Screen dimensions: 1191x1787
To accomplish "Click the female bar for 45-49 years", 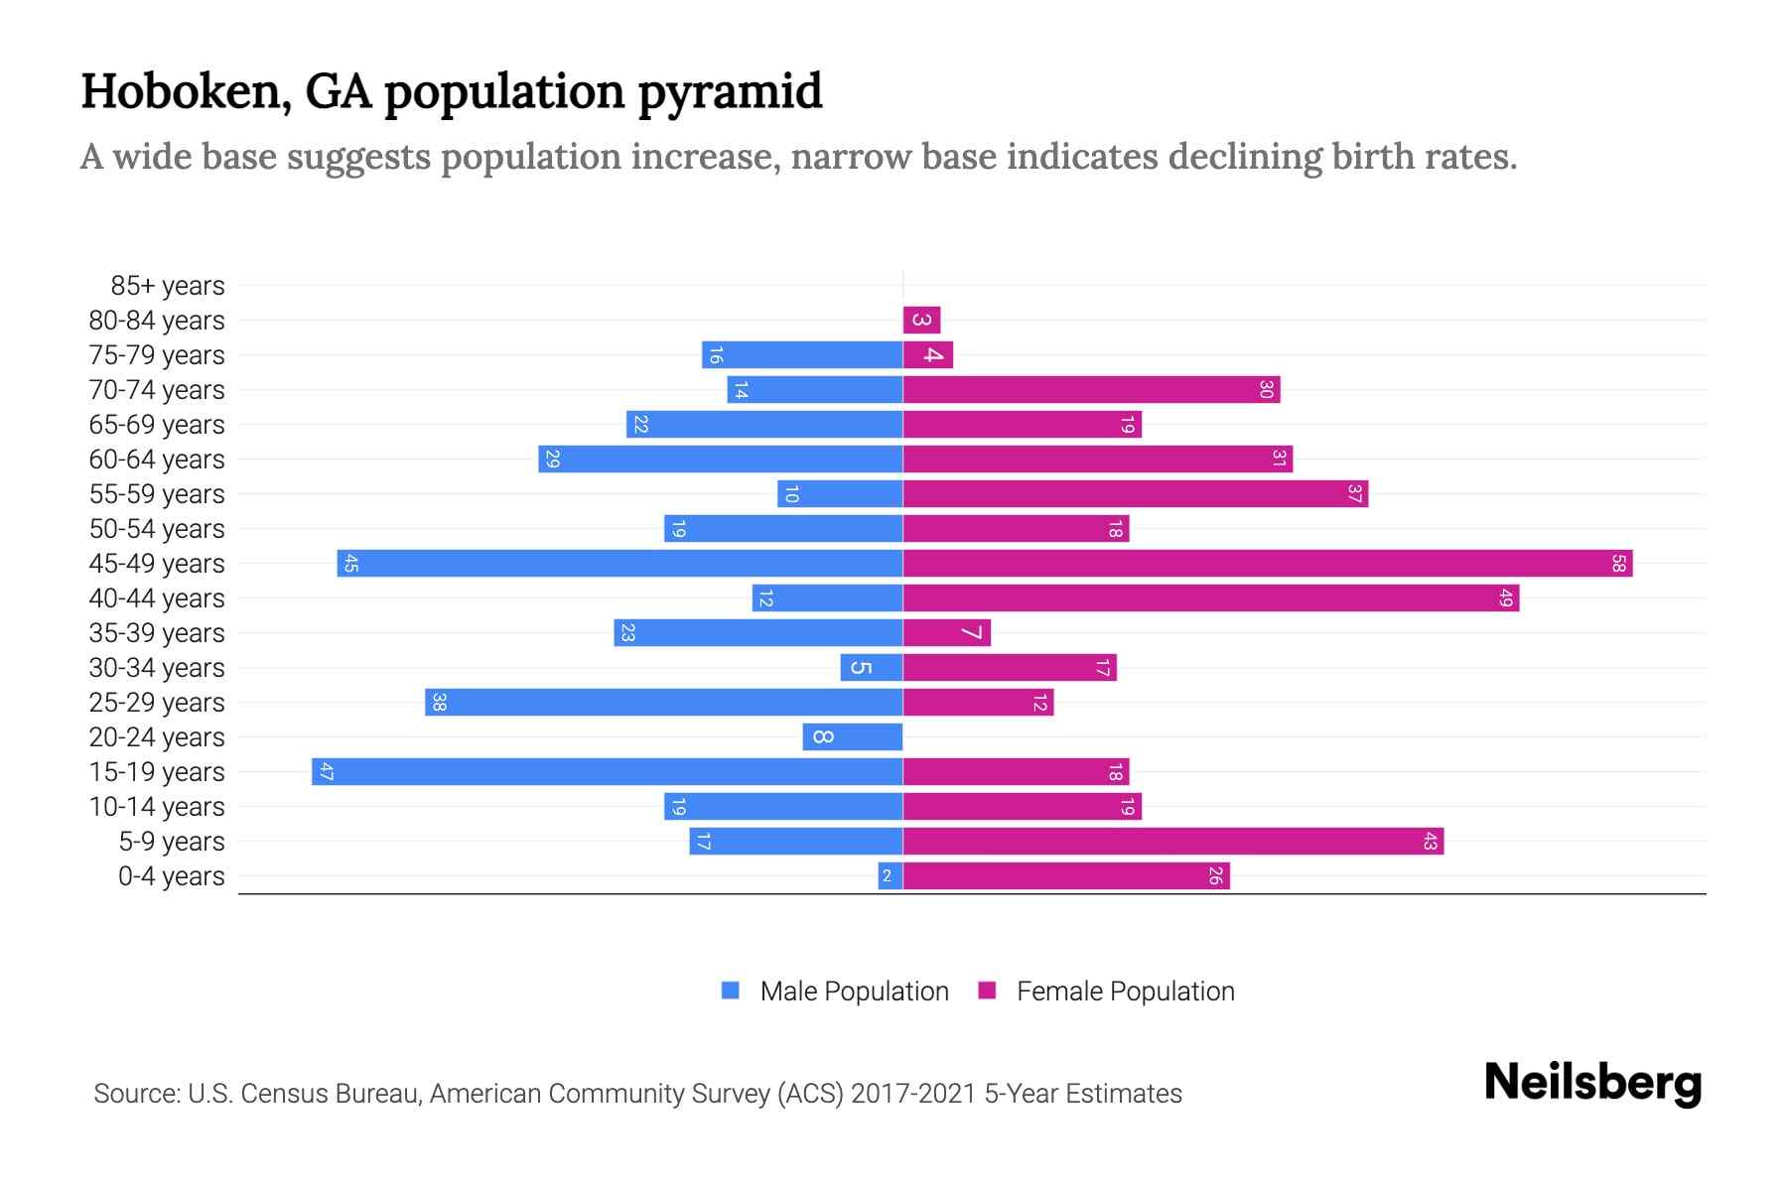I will tap(1267, 564).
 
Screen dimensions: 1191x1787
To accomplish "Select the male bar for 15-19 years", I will tap(607, 772).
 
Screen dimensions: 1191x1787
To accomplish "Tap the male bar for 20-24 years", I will tap(852, 737).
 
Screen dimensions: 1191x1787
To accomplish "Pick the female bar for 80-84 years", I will tap(921, 321).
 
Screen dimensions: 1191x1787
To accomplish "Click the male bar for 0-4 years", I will tap(890, 876).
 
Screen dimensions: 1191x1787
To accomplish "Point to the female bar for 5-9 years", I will tap(1172, 842).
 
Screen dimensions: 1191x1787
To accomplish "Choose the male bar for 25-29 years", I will tap(663, 703).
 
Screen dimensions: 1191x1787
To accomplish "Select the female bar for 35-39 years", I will tap(946, 633).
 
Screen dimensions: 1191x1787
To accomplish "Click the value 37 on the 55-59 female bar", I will tap(1354, 494).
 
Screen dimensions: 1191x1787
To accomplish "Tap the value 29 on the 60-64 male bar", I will tap(553, 460).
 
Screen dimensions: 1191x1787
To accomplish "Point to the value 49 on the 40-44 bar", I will tap(1505, 598).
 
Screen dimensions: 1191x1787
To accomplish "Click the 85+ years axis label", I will tap(167, 286).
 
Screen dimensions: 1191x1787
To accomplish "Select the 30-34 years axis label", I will tap(157, 668).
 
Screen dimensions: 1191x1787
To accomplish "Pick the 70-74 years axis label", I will tap(157, 390).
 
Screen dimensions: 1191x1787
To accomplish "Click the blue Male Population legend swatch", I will tap(731, 991).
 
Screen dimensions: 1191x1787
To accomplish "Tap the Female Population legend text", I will tap(1125, 992).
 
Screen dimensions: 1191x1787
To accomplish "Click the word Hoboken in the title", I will tap(186, 92).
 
